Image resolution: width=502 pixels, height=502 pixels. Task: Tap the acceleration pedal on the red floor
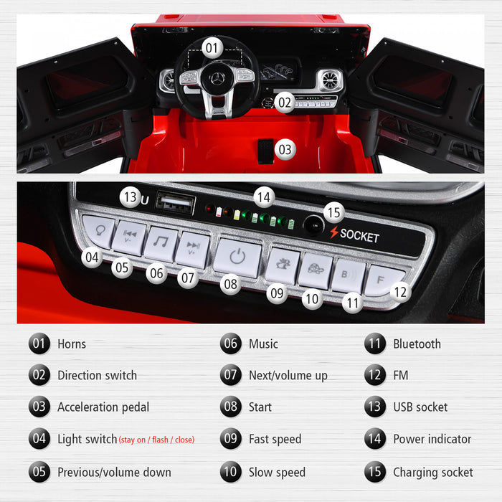(x=266, y=150)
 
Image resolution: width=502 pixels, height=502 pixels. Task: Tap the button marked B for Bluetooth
(x=346, y=275)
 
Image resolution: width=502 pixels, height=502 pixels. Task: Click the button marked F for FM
(x=380, y=280)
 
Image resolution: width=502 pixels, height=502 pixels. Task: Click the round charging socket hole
(x=312, y=225)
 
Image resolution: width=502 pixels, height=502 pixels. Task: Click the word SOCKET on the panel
(x=359, y=235)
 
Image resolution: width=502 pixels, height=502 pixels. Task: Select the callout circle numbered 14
(x=264, y=196)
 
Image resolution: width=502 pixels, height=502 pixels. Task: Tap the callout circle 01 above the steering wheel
(x=211, y=48)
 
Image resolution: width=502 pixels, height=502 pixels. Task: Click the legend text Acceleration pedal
(x=103, y=407)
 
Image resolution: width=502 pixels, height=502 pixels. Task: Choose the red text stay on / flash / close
(x=156, y=440)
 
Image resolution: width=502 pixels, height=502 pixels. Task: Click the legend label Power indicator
(x=432, y=439)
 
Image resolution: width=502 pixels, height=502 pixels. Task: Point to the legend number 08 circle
(x=231, y=407)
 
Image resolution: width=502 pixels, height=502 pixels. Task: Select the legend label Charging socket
(x=433, y=473)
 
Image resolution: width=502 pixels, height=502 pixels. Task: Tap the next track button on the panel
(x=193, y=248)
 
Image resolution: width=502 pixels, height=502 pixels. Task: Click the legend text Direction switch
(x=97, y=375)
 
